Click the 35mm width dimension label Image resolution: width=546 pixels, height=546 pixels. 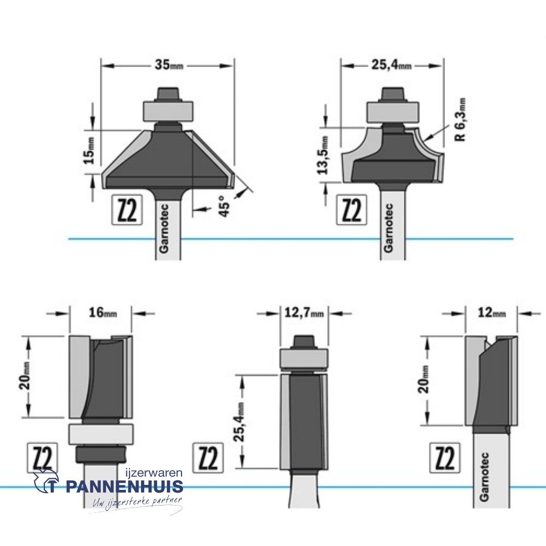(x=168, y=65)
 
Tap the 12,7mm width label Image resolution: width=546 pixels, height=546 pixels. (x=303, y=313)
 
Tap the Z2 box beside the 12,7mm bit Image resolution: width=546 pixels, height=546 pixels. (x=208, y=459)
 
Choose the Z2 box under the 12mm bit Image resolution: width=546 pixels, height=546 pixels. (x=445, y=459)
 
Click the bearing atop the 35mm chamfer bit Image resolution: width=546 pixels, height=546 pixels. (x=168, y=110)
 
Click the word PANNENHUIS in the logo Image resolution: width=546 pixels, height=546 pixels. (x=124, y=487)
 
